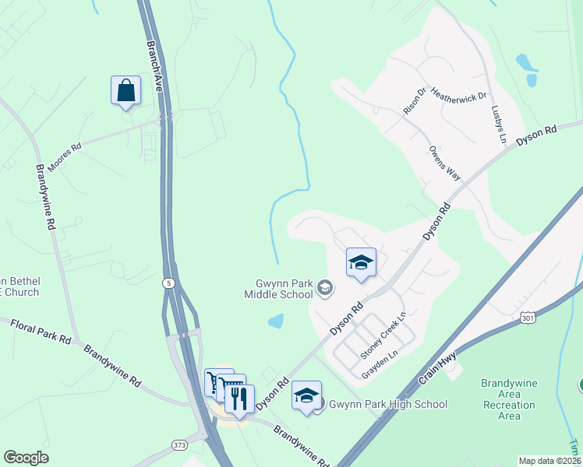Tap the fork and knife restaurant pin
pyautogui.click(x=239, y=399)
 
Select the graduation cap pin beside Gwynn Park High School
pyautogui.click(x=307, y=395)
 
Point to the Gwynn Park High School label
pyautogui.click(x=388, y=404)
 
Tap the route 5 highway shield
pyautogui.click(x=168, y=284)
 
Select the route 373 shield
pyautogui.click(x=179, y=444)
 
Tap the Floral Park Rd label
pyautogui.click(x=41, y=330)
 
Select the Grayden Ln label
pyautogui.click(x=380, y=365)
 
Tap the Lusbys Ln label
pyautogui.click(x=499, y=124)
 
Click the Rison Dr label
pyautogui.click(x=415, y=101)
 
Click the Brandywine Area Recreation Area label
pyautogui.click(x=509, y=399)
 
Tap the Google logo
pyautogui.click(x=26, y=458)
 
